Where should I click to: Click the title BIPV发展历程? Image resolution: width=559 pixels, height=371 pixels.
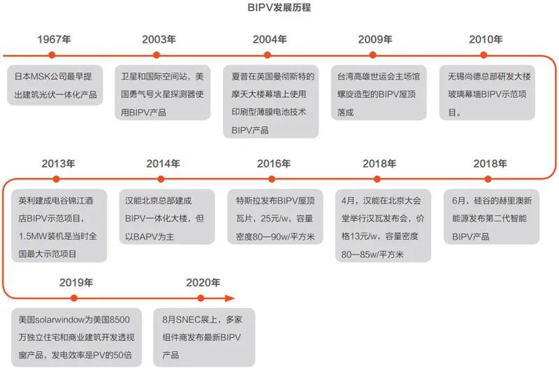[x=279, y=8]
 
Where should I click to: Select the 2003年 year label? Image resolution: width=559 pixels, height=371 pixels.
[x=159, y=40]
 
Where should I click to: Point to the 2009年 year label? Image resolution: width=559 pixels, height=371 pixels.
[x=375, y=40]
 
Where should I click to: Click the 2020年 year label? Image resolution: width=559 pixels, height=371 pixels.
[x=203, y=283]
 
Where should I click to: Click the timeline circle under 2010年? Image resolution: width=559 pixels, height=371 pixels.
[x=485, y=54]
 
